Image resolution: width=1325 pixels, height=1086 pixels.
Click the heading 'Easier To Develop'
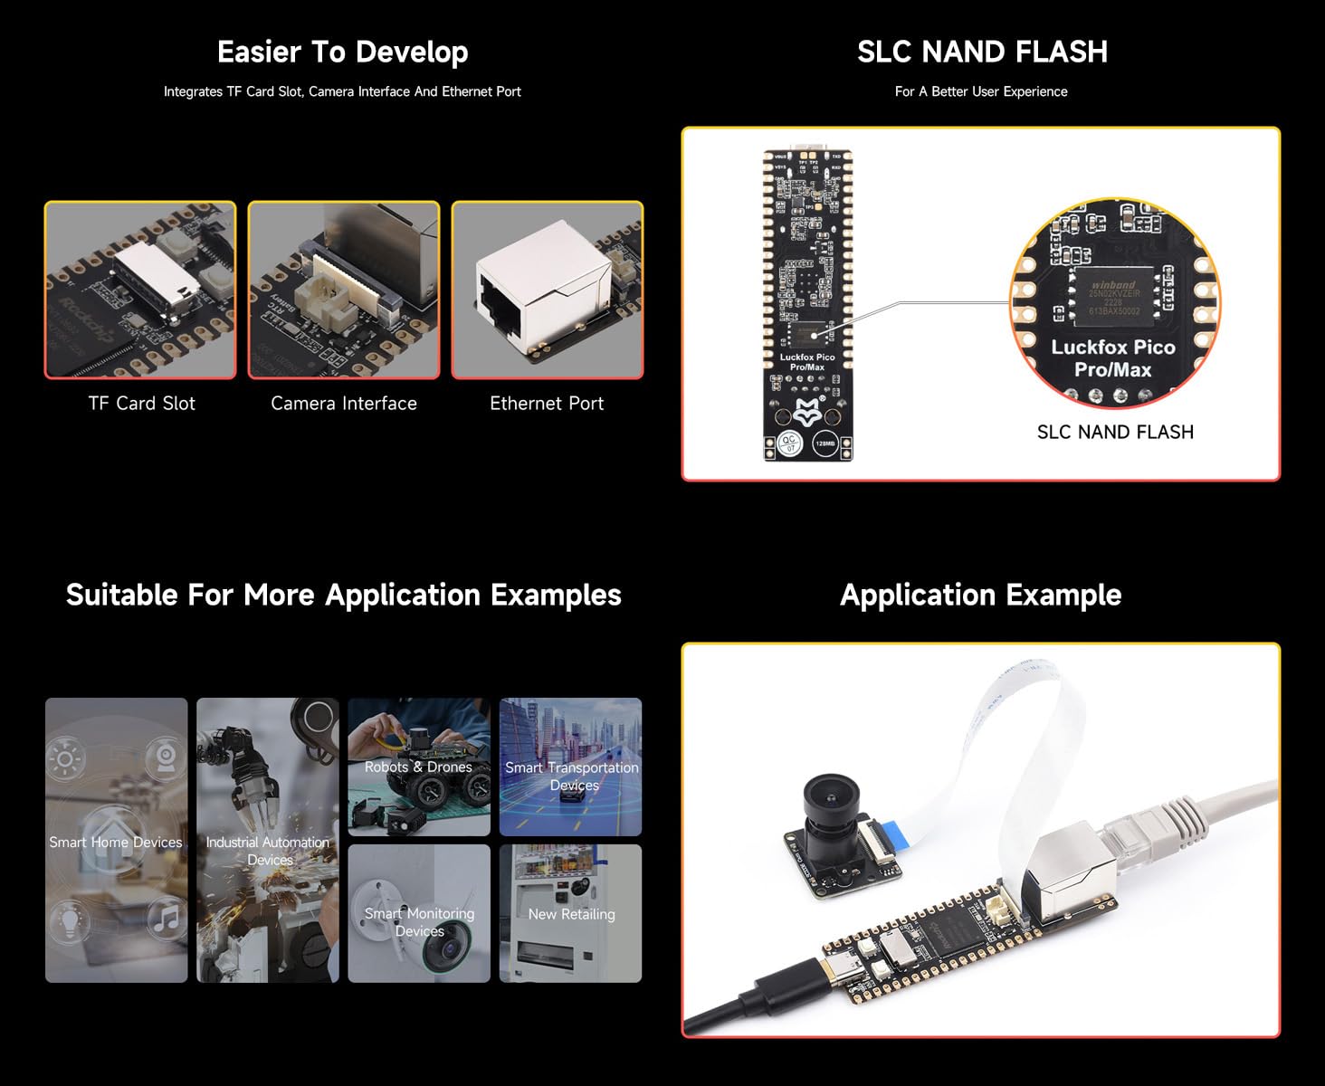pos(342,52)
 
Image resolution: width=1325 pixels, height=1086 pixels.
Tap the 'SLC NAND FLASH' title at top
pos(982,52)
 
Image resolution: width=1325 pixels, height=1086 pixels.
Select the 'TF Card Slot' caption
pos(141,404)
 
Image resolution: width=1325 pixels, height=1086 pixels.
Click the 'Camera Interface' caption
pos(344,404)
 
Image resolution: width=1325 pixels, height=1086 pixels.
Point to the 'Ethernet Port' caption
pos(547,404)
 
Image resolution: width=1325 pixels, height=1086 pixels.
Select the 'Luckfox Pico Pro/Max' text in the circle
pos(1112,358)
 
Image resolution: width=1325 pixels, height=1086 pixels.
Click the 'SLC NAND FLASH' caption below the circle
pos(1115,433)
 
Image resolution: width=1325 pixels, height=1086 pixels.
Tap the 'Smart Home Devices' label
pos(116,843)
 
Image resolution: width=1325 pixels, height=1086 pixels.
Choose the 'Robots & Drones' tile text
pos(418,767)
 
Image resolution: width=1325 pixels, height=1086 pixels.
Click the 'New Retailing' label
pos(571,915)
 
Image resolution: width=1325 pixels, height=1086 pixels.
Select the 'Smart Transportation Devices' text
pos(571,776)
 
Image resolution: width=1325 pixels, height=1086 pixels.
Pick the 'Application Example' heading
pos(980,595)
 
